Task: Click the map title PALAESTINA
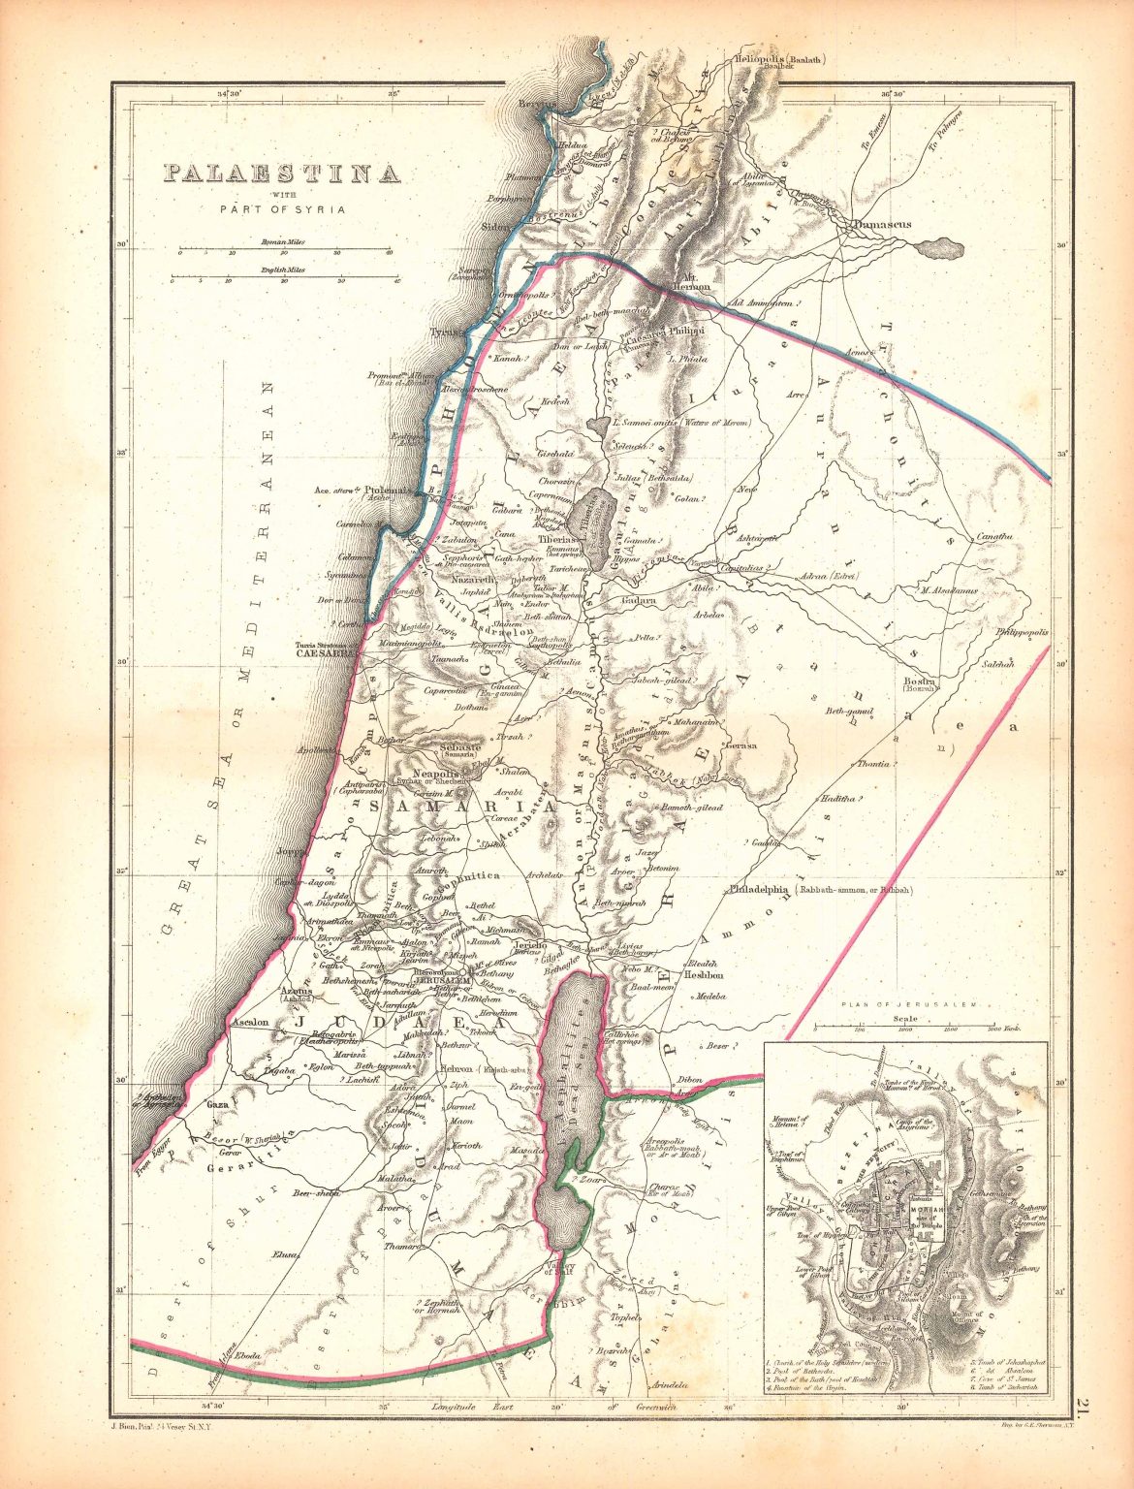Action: click(280, 174)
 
